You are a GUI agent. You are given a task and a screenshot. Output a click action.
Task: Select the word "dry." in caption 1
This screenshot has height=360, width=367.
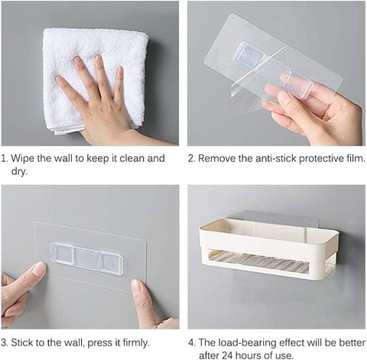coord(19,171)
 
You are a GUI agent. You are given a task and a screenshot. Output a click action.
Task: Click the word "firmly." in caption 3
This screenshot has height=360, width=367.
coord(136,342)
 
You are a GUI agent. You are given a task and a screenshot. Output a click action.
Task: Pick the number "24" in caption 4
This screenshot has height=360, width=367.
coord(228,355)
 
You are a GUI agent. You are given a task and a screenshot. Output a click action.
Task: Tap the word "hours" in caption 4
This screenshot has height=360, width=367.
coord(250,355)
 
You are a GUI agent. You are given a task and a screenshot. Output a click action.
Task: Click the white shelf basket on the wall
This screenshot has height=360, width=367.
coord(268,248)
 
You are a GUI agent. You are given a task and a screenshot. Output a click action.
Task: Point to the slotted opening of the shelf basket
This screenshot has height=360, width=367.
coord(258,261)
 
